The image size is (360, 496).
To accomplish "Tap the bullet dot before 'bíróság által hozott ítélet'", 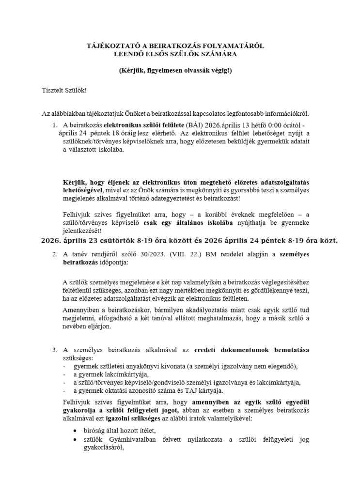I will [x=75, y=431].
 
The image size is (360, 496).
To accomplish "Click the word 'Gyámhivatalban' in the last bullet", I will [x=125, y=440].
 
